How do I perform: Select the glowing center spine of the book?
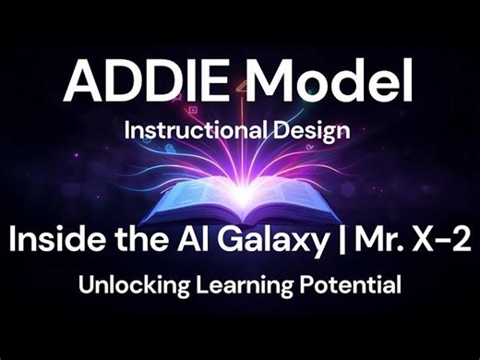click(x=242, y=198)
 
